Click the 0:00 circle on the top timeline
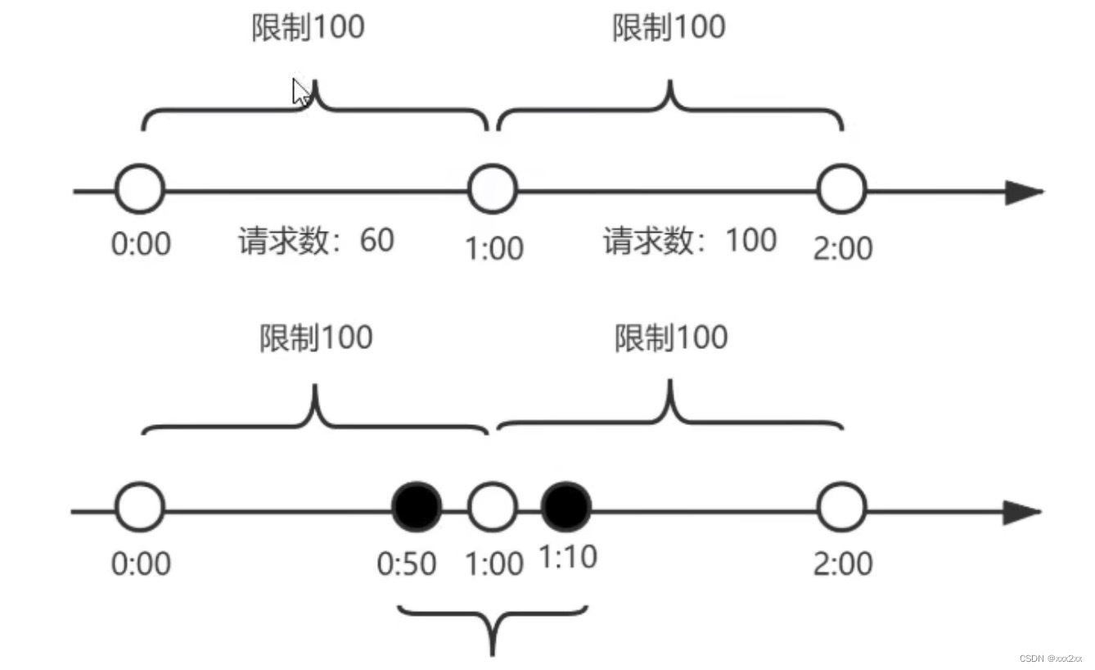[140, 189]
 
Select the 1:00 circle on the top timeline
[492, 189]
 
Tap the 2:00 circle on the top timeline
[841, 189]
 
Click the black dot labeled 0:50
[417, 508]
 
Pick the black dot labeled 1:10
[566, 508]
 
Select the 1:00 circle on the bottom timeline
[492, 508]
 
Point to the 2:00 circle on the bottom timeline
[841, 508]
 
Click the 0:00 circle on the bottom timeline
[140, 508]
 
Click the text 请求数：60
[317, 241]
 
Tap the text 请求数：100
[690, 241]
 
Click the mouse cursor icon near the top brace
[300, 92]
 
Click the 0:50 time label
[407, 564]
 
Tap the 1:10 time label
[568, 558]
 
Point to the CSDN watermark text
[1051, 659]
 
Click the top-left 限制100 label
[307, 28]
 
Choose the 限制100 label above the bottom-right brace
[671, 337]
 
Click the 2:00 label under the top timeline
[843, 247]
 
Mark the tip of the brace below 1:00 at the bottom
[493, 653]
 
